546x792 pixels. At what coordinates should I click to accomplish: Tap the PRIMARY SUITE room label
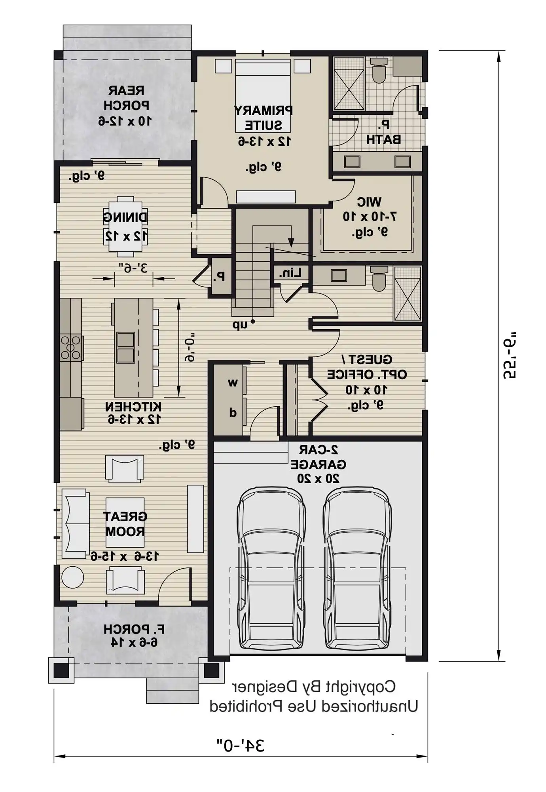pyautogui.click(x=263, y=118)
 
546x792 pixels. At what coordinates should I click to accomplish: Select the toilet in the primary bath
pyautogui.click(x=379, y=71)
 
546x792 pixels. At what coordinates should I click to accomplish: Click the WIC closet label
pyautogui.click(x=369, y=202)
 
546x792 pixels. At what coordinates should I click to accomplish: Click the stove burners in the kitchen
pyautogui.click(x=71, y=348)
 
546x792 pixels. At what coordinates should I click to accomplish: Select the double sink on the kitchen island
pyautogui.click(x=125, y=347)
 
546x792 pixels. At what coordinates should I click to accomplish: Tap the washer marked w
pyautogui.click(x=233, y=383)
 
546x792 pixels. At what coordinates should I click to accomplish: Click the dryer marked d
pyautogui.click(x=233, y=413)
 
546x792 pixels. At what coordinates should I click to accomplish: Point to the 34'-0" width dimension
pyautogui.click(x=240, y=745)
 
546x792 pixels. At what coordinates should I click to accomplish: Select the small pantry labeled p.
pyautogui.click(x=222, y=276)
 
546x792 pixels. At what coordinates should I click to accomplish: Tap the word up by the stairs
pyautogui.click(x=239, y=325)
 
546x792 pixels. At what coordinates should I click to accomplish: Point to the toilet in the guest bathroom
pyautogui.click(x=379, y=279)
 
